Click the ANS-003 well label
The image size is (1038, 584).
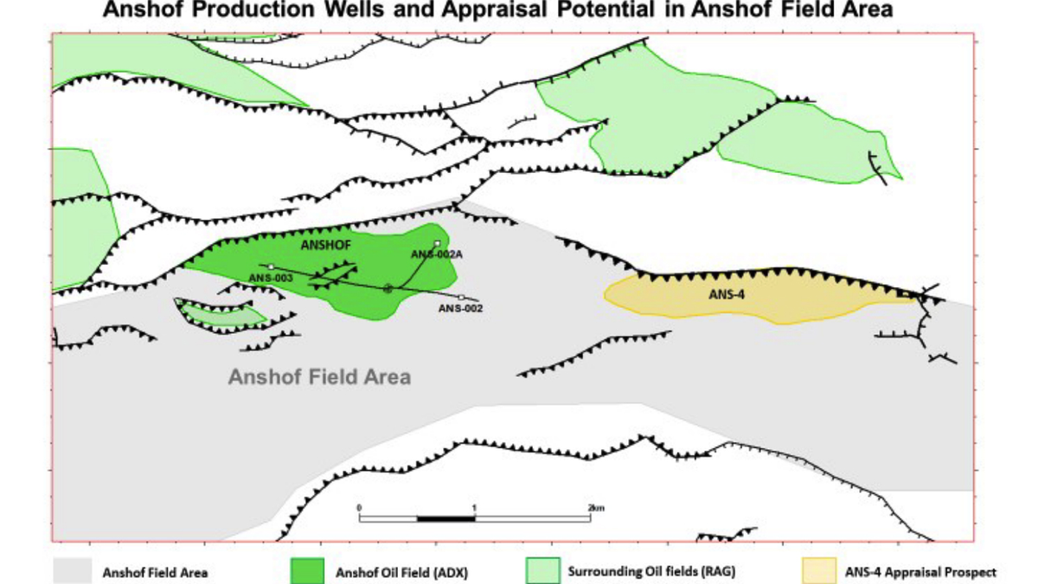271,278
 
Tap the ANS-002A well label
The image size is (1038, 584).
432,253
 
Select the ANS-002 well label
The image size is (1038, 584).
460,308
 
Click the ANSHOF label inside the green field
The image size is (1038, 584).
325,246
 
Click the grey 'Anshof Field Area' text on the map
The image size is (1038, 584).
319,377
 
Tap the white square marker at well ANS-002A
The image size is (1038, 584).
438,243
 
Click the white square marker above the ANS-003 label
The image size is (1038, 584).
271,266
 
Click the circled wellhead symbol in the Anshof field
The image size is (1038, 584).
388,288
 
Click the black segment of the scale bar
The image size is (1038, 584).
446,518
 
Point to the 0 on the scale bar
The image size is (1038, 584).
359,507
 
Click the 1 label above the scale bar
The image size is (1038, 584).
475,507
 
